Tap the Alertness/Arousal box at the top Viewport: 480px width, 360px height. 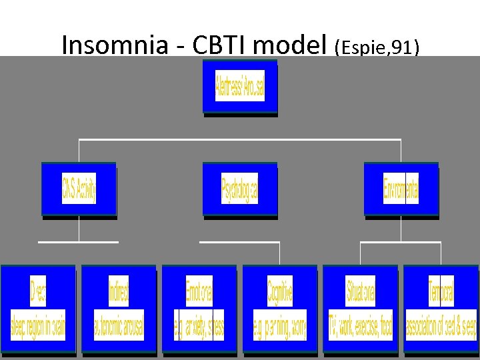[240, 87]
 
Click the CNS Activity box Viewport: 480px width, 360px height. [79, 189]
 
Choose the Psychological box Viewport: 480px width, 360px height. [239, 189]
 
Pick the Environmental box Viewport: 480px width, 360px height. [401, 189]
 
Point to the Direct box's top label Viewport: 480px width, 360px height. [38, 291]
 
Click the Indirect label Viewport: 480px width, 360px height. [119, 291]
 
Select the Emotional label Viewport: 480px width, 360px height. [199, 291]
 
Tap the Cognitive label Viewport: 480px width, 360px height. [280, 291]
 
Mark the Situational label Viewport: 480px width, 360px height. [361, 291]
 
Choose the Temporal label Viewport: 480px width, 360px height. [441, 291]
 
